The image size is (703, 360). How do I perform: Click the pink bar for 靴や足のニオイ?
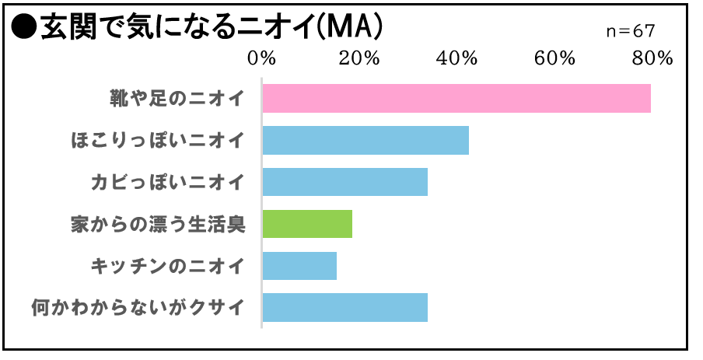click(x=456, y=98)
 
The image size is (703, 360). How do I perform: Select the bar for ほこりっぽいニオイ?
click(x=365, y=140)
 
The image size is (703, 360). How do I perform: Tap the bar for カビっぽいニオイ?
click(x=345, y=182)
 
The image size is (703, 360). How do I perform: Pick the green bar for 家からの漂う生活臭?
click(x=307, y=224)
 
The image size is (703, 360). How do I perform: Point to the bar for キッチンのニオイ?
click(x=299, y=266)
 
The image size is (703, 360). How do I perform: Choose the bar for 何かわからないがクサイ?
click(x=345, y=308)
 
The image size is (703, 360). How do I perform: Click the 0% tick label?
click(x=261, y=60)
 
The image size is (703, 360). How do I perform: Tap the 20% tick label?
click(x=358, y=60)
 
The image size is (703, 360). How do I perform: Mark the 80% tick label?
click(x=651, y=60)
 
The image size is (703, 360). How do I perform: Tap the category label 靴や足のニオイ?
click(x=177, y=98)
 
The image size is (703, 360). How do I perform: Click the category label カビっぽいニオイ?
click(x=168, y=182)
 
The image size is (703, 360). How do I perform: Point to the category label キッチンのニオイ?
click(x=168, y=266)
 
